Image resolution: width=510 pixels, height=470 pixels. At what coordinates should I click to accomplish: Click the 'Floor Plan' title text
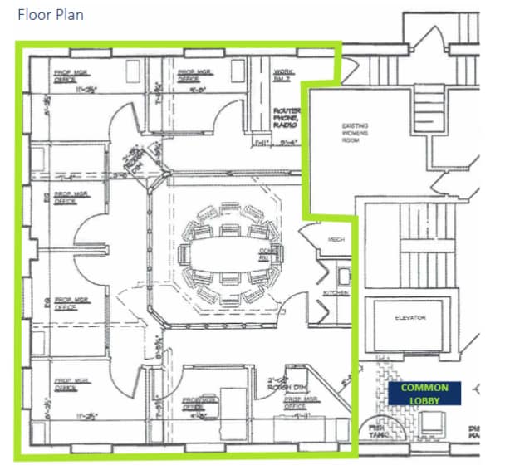click(x=50, y=15)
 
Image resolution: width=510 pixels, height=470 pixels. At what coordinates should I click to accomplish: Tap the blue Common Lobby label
click(x=424, y=394)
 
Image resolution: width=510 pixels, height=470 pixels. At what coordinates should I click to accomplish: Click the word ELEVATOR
click(x=410, y=318)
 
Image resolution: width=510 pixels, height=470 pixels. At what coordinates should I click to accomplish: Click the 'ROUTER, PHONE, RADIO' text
click(x=287, y=121)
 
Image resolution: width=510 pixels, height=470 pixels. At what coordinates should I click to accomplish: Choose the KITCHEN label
click(x=336, y=293)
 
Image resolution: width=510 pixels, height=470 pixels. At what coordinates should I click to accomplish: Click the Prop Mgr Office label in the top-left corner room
click(x=67, y=76)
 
